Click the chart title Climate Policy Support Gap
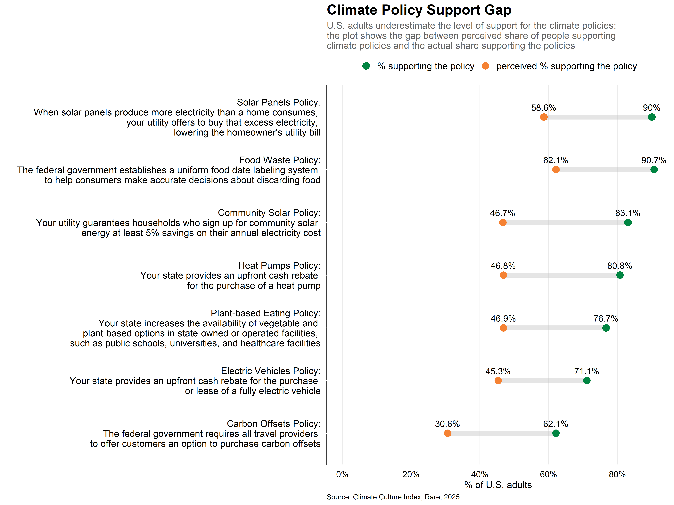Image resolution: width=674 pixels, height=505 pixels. point(419,10)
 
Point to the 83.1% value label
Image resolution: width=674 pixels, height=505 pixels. point(628,213)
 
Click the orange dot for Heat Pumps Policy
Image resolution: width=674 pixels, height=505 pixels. point(503,275)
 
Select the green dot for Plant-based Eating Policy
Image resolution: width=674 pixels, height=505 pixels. point(606,328)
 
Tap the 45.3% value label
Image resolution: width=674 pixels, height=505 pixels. point(498,371)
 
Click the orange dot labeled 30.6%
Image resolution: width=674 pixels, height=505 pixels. point(448,433)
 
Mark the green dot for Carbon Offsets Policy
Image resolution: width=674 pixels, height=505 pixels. point(556,433)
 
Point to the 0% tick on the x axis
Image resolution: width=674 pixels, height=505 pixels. point(342,474)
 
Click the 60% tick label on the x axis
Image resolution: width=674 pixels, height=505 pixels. point(548,474)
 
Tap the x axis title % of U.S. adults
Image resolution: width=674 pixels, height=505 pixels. point(498,485)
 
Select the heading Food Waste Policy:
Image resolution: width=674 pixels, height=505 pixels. point(280,160)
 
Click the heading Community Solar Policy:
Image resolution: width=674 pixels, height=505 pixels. point(269,213)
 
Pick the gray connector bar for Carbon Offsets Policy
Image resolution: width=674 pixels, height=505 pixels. point(502,433)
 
